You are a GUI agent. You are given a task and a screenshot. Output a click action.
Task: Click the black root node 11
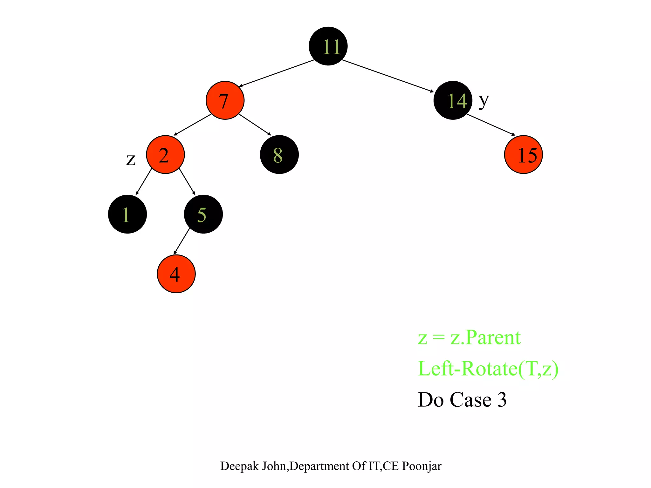point(328,46)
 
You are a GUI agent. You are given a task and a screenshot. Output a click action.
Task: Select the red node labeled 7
point(225,100)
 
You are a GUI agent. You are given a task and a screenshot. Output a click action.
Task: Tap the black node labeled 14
point(453,100)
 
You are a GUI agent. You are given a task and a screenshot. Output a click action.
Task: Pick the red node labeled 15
point(523,155)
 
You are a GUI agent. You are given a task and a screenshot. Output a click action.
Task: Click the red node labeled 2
point(165,155)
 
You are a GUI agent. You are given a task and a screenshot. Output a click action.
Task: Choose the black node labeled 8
point(279,155)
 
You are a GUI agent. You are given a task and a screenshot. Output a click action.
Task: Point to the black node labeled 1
point(127,214)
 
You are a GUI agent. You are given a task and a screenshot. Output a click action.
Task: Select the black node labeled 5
point(203,214)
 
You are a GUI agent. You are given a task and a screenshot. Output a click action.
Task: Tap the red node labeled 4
point(176,274)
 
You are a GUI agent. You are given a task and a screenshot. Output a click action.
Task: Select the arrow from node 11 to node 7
point(277,73)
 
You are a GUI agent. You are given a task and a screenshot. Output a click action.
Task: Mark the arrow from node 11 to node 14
point(388,76)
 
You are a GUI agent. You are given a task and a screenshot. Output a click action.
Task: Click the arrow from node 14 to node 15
point(491,125)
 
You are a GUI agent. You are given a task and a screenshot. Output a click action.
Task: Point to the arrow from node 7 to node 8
point(255,125)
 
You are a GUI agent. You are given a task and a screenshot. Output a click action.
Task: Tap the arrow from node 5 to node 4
point(182,241)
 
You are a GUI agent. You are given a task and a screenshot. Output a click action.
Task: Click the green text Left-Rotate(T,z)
point(488,369)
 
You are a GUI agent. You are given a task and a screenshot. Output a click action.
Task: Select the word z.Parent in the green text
point(485,337)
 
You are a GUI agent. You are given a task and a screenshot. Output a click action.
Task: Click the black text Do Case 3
point(462,400)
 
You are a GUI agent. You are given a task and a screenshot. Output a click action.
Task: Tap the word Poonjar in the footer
point(421,466)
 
